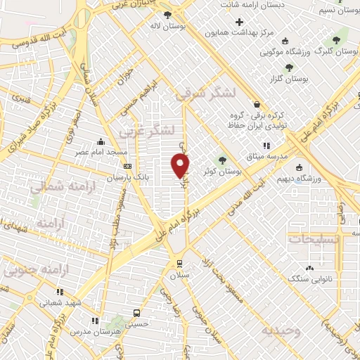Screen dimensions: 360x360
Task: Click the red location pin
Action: coord(181,165)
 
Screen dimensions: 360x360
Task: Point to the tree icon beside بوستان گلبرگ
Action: coord(335,39)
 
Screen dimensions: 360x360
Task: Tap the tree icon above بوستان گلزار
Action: coord(289,67)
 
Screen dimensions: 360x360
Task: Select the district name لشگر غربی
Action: coord(160,131)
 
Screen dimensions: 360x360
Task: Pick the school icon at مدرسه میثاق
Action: coord(266,145)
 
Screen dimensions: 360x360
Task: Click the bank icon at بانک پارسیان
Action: coord(127,166)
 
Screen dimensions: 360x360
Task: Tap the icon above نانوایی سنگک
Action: coord(310,268)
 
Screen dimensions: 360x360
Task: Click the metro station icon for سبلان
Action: coord(179,263)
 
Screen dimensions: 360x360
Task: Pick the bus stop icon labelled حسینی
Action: coord(136,313)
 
